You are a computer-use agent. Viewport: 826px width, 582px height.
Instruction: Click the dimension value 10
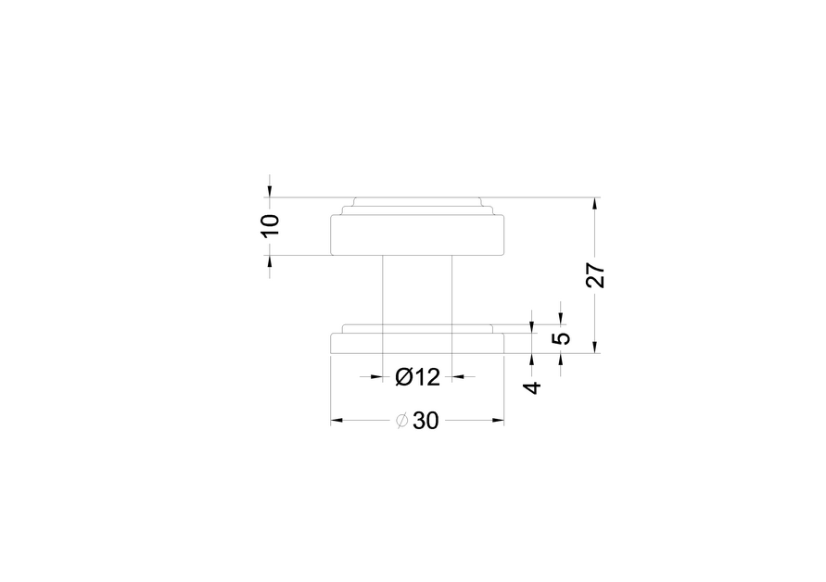point(271,225)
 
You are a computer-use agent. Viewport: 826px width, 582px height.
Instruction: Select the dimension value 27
point(595,275)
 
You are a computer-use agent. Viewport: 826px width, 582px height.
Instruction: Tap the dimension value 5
point(563,337)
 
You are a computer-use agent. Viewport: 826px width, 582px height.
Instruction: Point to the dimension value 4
point(532,387)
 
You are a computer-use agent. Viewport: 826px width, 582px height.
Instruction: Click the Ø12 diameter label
point(417,377)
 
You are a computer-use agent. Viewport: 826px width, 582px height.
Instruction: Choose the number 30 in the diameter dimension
point(426,421)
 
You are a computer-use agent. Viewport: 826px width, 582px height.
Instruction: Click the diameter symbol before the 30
point(401,421)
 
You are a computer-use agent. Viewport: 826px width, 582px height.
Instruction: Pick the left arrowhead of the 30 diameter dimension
point(337,421)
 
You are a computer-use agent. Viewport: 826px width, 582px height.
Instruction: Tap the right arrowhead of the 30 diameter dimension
point(498,421)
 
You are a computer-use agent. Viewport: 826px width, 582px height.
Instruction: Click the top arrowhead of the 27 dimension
point(595,204)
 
